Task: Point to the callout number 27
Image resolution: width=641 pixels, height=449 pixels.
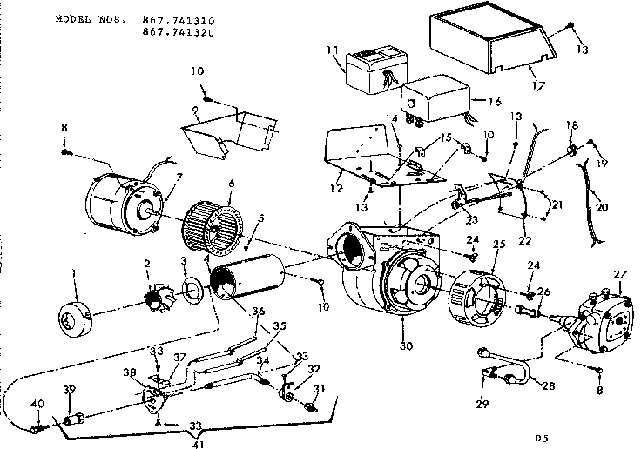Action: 620,275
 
